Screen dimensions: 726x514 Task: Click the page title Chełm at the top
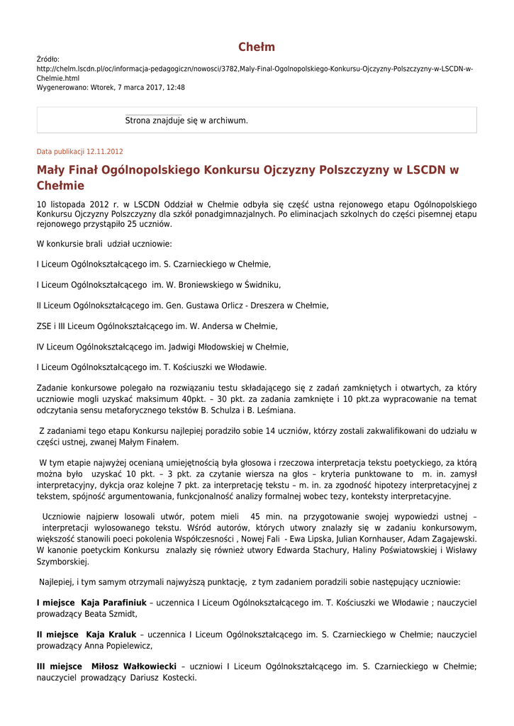257,48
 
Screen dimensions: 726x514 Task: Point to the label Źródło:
48,60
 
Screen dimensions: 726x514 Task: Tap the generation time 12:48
176,87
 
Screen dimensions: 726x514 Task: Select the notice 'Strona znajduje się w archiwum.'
186,121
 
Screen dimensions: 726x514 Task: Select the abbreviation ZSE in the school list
44,326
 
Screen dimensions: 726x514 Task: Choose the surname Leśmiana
274,410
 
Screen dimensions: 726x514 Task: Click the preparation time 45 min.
265,517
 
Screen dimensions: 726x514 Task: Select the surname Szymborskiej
62,561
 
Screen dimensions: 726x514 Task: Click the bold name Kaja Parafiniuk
113,603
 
